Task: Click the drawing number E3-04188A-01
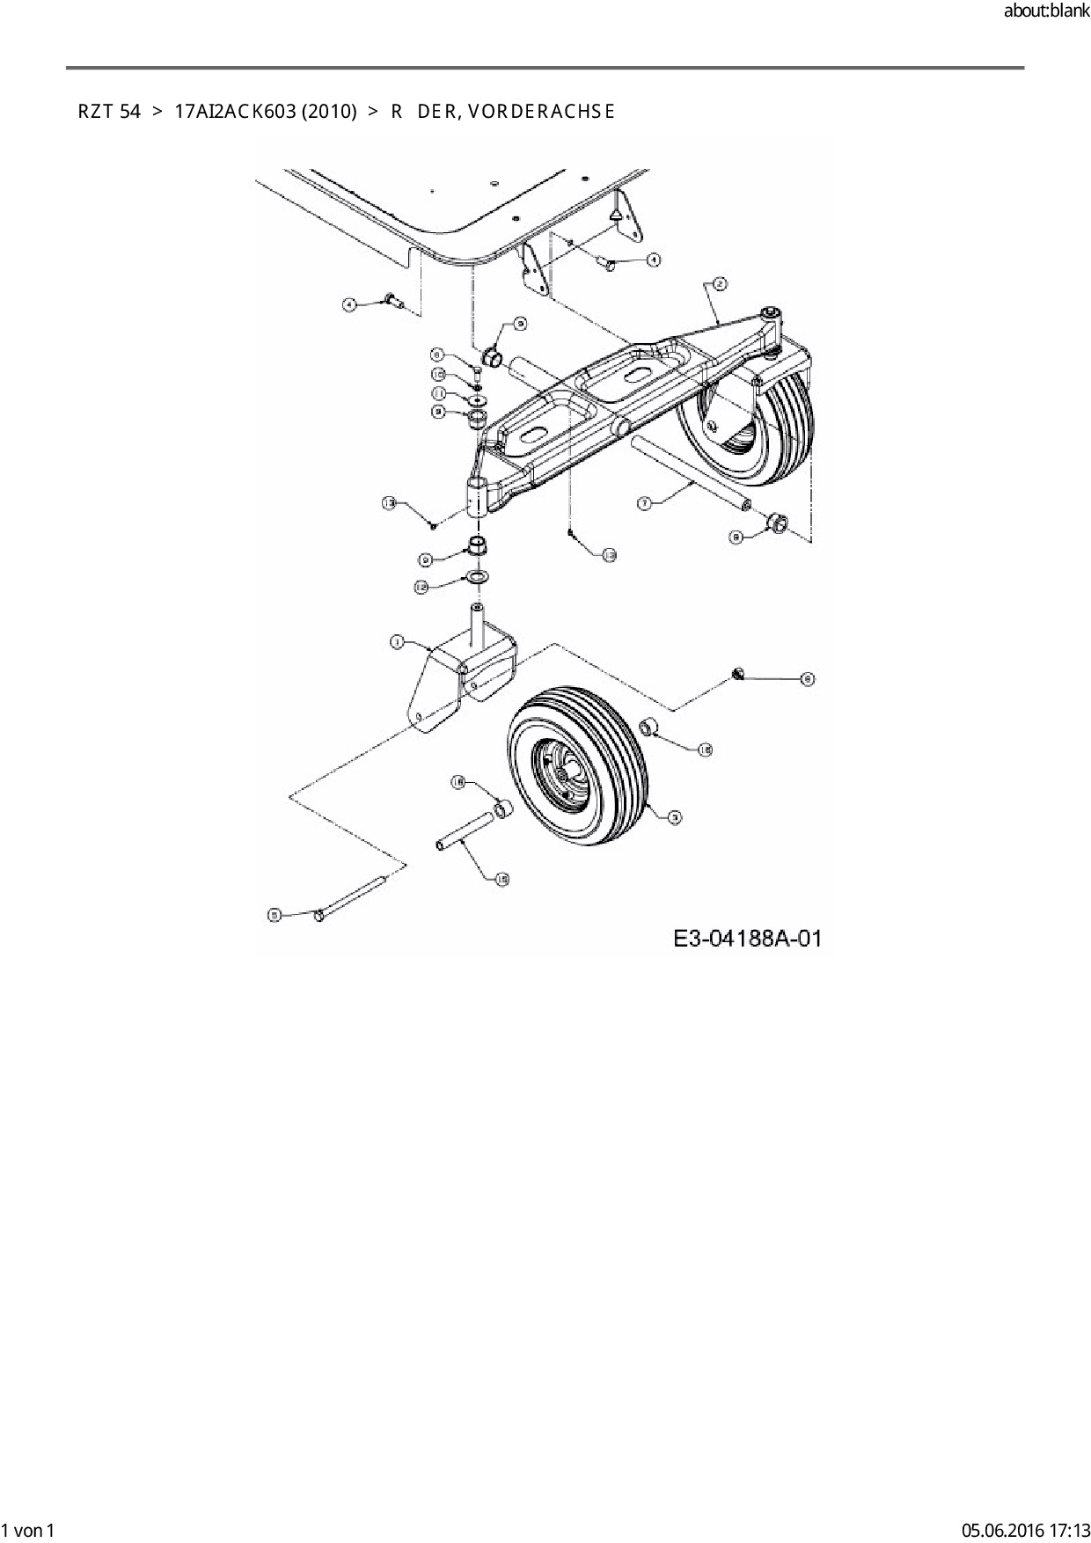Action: [747, 939]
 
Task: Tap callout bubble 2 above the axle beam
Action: [719, 283]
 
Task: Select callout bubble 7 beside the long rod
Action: [644, 503]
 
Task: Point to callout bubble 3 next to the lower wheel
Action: [674, 817]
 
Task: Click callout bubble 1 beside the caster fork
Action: [397, 643]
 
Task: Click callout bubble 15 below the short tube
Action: [502, 878]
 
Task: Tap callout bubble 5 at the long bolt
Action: [274, 915]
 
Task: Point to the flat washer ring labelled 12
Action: [478, 577]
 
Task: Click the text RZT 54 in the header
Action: [109, 112]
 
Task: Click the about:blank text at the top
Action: [1046, 11]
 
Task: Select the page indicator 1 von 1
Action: [29, 1530]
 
